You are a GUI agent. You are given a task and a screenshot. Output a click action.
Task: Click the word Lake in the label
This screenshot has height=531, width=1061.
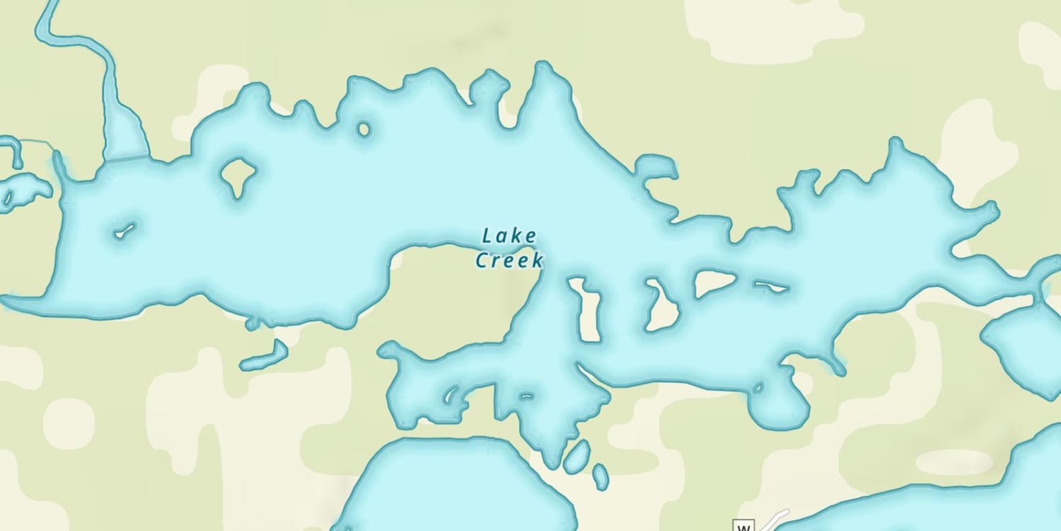coord(509,236)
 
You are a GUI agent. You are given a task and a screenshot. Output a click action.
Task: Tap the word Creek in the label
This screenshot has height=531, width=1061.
coord(509,261)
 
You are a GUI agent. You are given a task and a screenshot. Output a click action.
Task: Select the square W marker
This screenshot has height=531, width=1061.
coord(743,526)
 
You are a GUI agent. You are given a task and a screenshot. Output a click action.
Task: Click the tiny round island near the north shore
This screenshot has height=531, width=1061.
coord(364,129)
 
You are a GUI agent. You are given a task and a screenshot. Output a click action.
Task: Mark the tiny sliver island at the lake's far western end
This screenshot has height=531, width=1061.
coord(125,231)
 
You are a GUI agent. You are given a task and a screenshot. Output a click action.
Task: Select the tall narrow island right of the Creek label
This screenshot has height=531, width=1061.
coord(587,309)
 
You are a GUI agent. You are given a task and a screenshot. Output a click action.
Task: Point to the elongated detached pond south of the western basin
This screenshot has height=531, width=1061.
coord(264,356)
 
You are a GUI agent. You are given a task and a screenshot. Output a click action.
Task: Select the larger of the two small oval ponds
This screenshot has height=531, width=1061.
coord(576,457)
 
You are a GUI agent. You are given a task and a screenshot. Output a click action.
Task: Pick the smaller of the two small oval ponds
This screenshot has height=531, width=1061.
coord(601,476)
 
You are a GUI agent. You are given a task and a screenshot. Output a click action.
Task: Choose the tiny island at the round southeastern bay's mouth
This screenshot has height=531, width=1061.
coord(758,387)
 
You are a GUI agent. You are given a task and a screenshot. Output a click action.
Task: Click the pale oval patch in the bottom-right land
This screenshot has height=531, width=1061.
coord(954,462)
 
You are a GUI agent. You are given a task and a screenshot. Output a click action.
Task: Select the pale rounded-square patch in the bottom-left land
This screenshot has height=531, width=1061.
coord(69,423)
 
